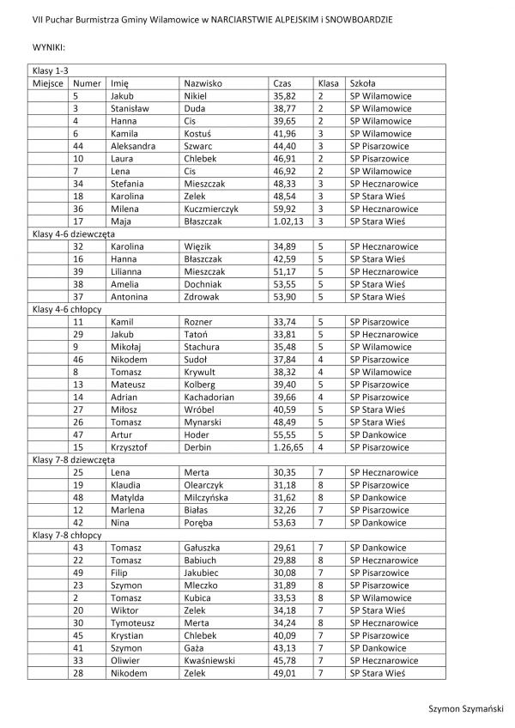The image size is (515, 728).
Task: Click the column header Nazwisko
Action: tap(203, 83)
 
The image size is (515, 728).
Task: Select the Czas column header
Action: tap(281, 83)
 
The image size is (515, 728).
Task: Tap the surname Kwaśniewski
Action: tap(211, 659)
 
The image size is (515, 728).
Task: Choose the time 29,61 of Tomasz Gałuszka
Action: tap(282, 546)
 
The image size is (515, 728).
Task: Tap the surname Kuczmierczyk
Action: tap(211, 208)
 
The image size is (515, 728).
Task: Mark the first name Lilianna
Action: tap(129, 271)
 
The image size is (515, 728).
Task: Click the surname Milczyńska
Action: tap(209, 496)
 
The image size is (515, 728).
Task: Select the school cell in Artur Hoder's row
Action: tap(379, 434)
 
